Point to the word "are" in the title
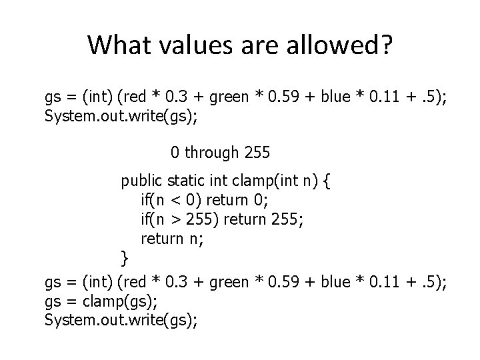257,45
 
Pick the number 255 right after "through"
257,153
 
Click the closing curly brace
124,257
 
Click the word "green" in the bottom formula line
228,283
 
